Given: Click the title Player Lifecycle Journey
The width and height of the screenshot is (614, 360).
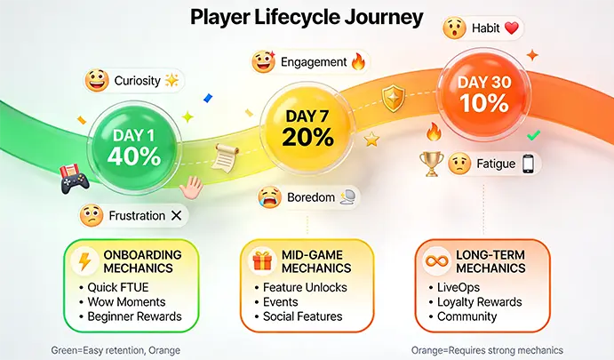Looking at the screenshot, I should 307,17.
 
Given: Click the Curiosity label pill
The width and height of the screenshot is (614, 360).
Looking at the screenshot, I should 132,81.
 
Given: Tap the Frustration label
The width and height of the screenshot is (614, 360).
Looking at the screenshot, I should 131,215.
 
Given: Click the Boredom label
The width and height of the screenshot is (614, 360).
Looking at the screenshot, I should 307,196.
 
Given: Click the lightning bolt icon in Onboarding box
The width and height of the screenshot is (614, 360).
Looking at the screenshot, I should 85,260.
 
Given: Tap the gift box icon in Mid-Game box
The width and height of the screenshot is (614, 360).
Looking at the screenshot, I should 261,260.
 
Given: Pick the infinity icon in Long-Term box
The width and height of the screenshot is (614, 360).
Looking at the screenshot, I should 437,260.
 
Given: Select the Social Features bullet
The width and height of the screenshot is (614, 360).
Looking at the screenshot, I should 302,316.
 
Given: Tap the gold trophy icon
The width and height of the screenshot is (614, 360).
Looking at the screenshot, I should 431,163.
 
